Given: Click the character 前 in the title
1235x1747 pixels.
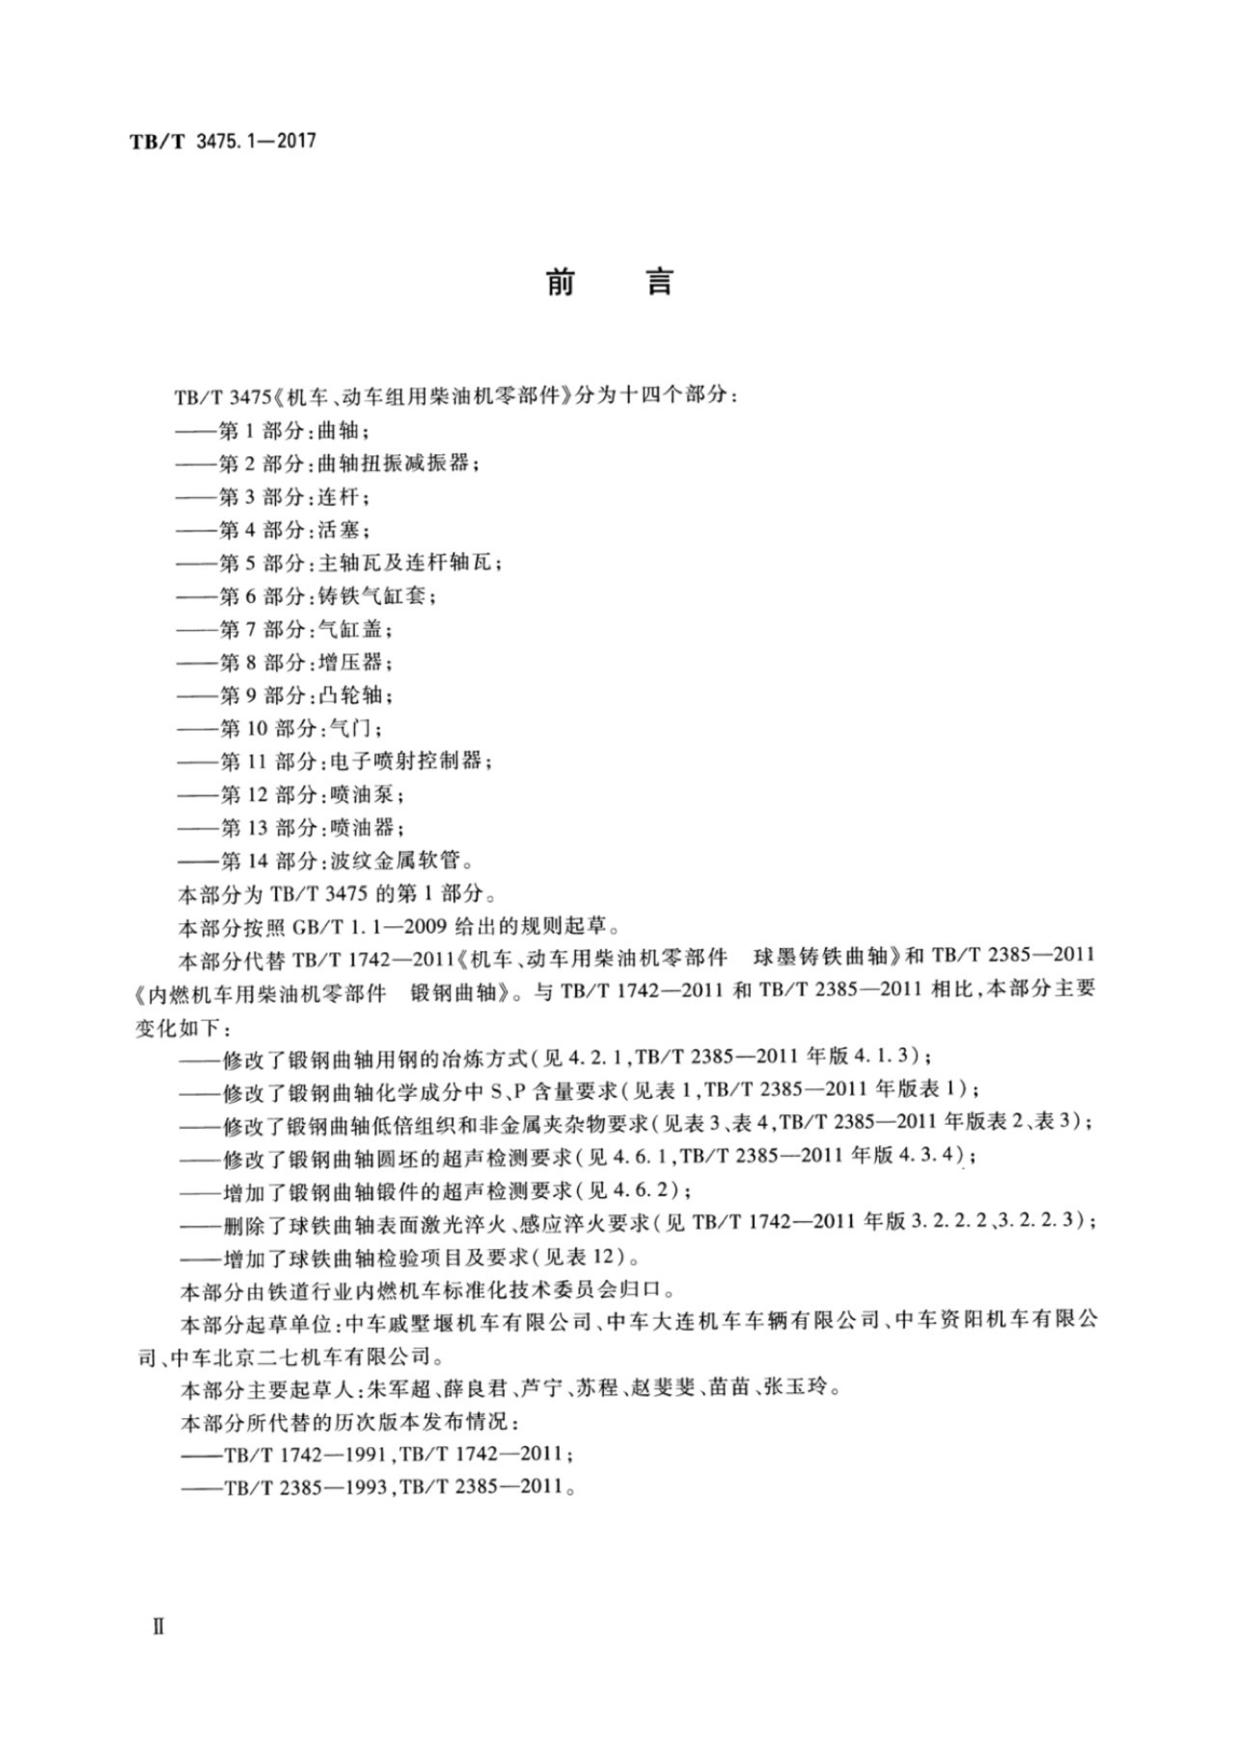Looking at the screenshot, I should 561,283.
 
